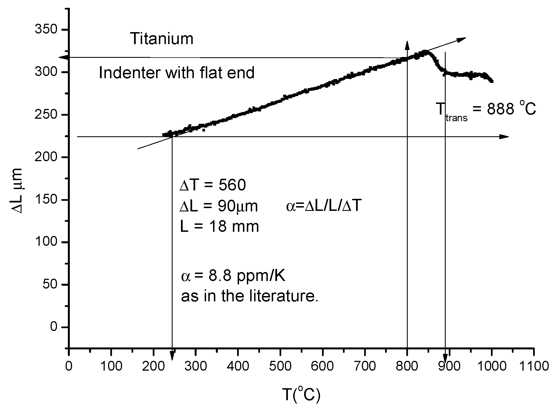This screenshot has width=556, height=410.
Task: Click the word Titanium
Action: pyautogui.click(x=162, y=39)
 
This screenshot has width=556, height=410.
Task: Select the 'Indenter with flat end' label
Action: pyautogui.click(x=177, y=73)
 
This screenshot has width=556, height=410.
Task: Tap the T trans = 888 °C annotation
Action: pyautogui.click(x=486, y=109)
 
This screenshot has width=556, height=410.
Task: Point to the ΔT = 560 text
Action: pyautogui.click(x=213, y=185)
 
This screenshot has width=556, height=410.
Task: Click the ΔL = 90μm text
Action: pyautogui.click(x=219, y=206)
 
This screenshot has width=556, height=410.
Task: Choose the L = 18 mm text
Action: pyautogui.click(x=219, y=227)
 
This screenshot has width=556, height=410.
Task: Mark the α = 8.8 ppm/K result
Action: pyautogui.click(x=233, y=276)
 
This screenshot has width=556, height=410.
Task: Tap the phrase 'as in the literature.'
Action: pyautogui.click(x=250, y=296)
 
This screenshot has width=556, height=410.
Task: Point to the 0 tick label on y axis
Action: pyautogui.click(x=54, y=327)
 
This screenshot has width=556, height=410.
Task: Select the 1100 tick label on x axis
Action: pyautogui.click(x=534, y=366)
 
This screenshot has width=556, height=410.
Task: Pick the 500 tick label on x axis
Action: pyautogui.click(x=280, y=366)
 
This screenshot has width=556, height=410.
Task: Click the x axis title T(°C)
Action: pyautogui.click(x=301, y=395)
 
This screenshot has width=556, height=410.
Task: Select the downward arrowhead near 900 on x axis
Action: pyautogui.click(x=445, y=359)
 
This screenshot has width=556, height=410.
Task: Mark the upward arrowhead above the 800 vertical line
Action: pyautogui.click(x=407, y=45)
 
